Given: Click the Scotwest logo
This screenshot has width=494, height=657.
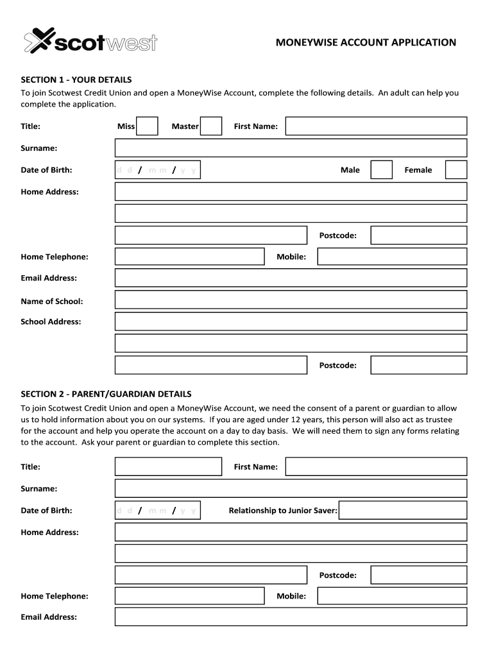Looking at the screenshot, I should click(90, 42).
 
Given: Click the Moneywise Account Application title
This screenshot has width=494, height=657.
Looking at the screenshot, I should click(366, 42).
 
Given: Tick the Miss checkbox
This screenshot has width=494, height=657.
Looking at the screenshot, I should click(147, 126).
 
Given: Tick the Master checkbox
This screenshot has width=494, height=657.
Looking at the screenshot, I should click(211, 126).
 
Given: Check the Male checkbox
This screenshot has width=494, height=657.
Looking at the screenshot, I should click(381, 170).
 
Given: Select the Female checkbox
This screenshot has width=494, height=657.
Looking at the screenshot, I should click(456, 170).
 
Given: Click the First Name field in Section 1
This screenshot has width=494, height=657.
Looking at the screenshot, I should click(376, 126).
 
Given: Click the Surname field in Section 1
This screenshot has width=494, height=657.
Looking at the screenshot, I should click(291, 148).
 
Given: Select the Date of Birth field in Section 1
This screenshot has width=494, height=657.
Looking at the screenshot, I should click(158, 170).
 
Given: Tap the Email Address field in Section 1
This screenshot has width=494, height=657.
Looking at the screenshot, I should click(291, 278).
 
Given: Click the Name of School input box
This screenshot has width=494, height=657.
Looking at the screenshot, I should click(291, 300).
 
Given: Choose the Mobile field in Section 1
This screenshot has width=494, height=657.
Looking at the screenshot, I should click(392, 257).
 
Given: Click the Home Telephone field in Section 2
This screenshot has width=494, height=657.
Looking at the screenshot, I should click(189, 596).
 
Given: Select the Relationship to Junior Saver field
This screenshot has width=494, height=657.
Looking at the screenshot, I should click(402, 511).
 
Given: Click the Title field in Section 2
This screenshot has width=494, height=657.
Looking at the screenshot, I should click(168, 466).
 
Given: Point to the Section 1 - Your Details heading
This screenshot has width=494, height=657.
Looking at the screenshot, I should click(76, 80).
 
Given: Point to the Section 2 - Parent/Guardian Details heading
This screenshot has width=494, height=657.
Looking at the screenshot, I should click(106, 394).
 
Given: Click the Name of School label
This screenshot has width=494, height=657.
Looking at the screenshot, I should click(52, 301).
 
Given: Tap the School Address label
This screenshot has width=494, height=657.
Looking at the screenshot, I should click(51, 321).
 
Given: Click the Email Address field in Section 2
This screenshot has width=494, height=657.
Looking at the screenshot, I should click(291, 617).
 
